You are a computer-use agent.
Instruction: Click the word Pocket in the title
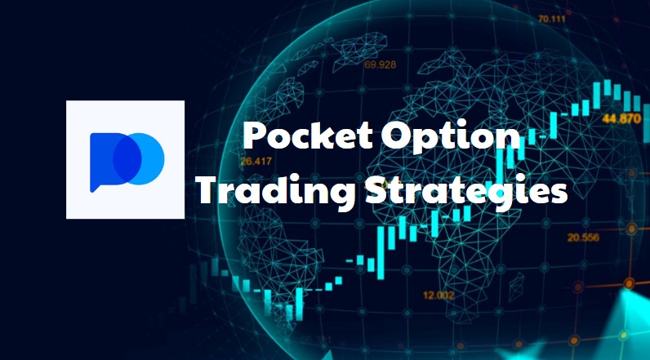pos(307,135)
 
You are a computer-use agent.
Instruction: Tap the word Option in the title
pos(452,135)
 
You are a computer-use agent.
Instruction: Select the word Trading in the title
pos(275,189)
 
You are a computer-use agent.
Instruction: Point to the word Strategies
pos(466,190)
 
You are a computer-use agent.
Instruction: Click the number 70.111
pos(552,19)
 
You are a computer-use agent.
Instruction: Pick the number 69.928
pos(381,64)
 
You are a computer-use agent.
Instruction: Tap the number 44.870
pos(621,119)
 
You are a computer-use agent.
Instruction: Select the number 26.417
pos(256,161)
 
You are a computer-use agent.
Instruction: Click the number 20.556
pos(583,238)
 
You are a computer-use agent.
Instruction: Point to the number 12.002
pos(439,296)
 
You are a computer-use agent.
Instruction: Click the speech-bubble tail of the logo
pos(94,188)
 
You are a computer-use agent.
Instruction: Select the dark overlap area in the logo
pos(127,158)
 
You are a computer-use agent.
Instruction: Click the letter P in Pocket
pos(255,136)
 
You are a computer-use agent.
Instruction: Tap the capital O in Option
pos(397,135)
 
